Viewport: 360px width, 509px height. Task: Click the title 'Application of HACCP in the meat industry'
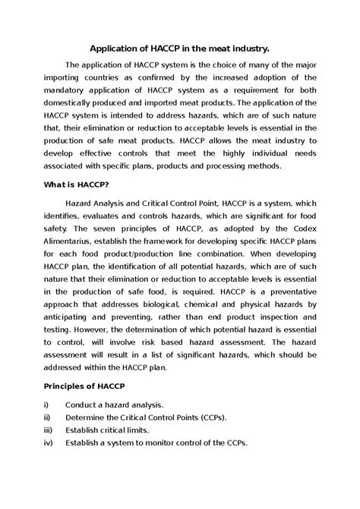[x=180, y=46]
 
